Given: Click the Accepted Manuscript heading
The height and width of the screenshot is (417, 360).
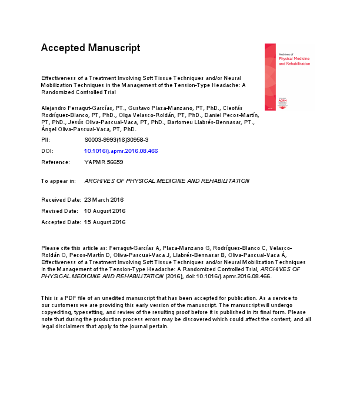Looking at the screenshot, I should [x=90, y=48].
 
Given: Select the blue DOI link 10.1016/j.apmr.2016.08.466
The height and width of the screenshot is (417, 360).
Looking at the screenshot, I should [x=121, y=151].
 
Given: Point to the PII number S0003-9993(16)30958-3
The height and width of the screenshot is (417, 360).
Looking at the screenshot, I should [x=116, y=141].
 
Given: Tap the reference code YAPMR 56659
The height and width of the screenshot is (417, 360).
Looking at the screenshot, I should [x=103, y=162].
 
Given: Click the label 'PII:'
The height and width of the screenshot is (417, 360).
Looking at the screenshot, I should [x=46, y=141].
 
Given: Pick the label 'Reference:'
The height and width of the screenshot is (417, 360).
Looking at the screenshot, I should [x=55, y=162].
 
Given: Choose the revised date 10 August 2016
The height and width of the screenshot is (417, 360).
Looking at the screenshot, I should [x=105, y=211].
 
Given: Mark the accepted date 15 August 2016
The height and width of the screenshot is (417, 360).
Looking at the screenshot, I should [x=105, y=222].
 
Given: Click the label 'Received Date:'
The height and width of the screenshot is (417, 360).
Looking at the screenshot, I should [x=61, y=199].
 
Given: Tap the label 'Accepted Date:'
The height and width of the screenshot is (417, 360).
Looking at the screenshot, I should [x=61, y=222].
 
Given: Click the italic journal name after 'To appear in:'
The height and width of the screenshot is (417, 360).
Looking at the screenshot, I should [x=166, y=181].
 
